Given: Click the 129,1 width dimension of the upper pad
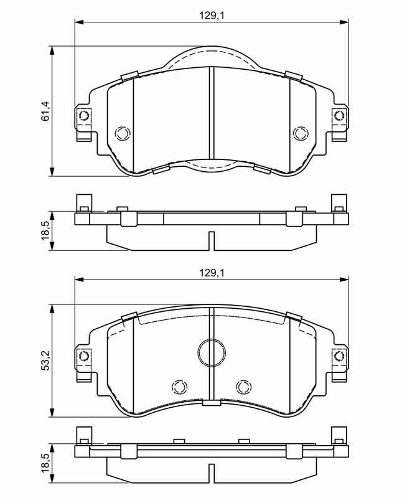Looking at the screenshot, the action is pyautogui.click(x=212, y=16).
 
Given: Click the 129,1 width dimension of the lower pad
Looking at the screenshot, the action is pyautogui.click(x=212, y=273).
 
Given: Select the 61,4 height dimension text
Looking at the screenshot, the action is pyautogui.click(x=45, y=111).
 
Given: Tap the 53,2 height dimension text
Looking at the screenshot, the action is pyautogui.click(x=45, y=360).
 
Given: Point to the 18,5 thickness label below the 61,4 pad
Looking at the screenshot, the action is pyautogui.click(x=45, y=230).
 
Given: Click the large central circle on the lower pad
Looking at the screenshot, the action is pyautogui.click(x=212, y=352).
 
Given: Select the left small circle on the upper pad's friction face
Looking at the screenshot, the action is pyautogui.click(x=123, y=133).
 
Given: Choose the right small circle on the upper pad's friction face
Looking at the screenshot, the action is pyautogui.click(x=301, y=133).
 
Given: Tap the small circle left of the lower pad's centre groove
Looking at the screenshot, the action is pyautogui.click(x=179, y=387).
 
